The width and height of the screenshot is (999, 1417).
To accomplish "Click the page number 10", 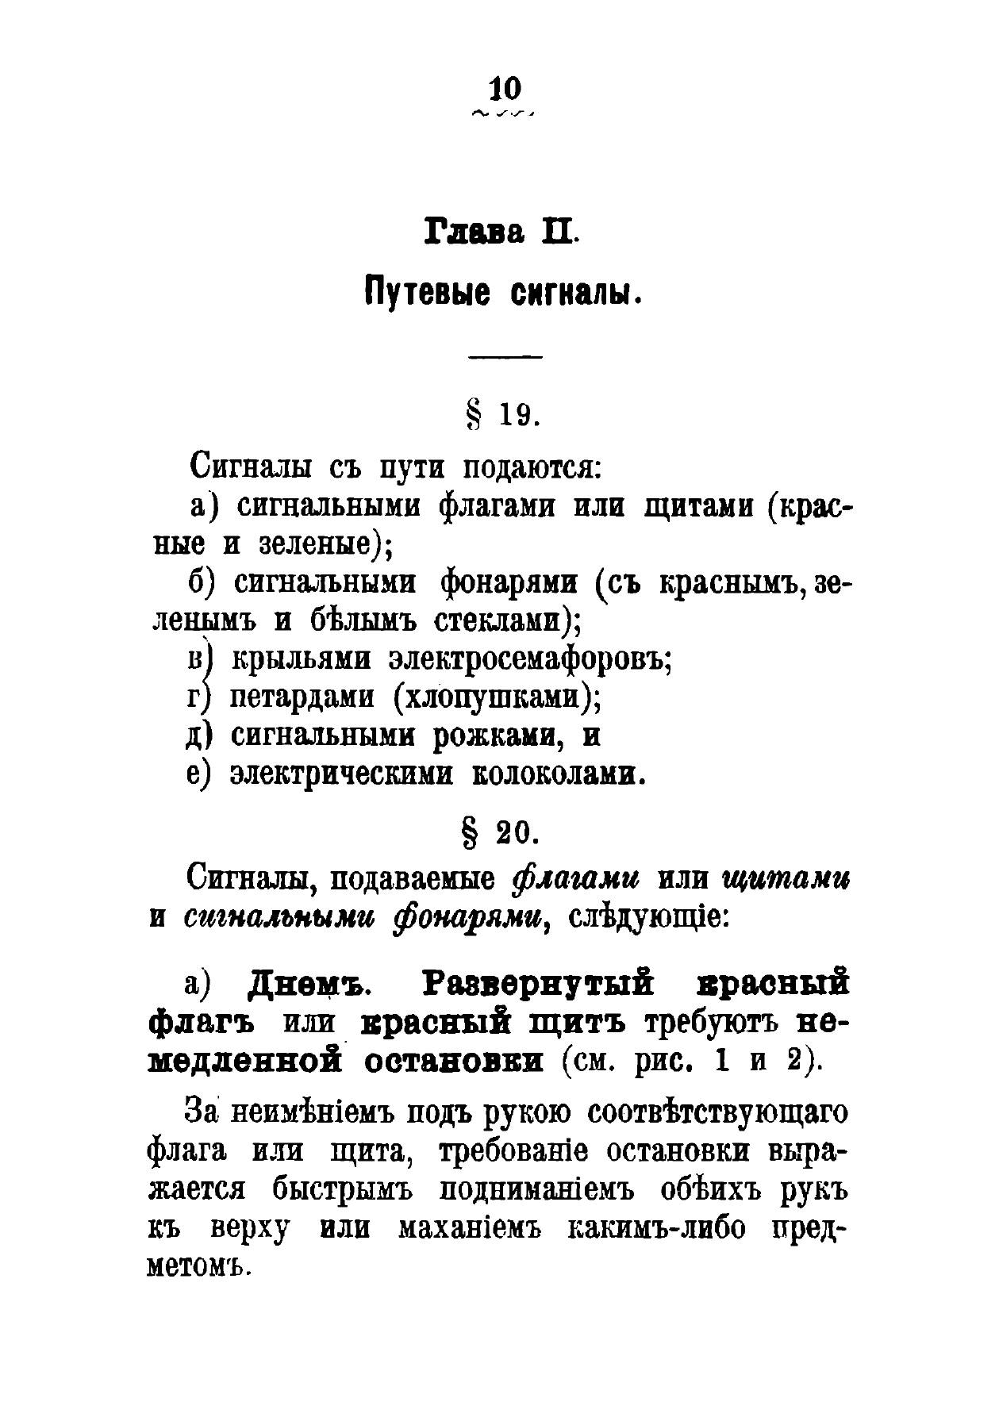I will click(504, 88).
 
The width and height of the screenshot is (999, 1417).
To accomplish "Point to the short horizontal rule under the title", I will click(505, 357).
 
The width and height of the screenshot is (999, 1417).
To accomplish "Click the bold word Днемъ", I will click(310, 985).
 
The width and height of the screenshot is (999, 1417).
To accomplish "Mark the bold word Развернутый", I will click(539, 985).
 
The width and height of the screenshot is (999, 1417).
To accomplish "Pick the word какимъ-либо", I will click(659, 1230).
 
